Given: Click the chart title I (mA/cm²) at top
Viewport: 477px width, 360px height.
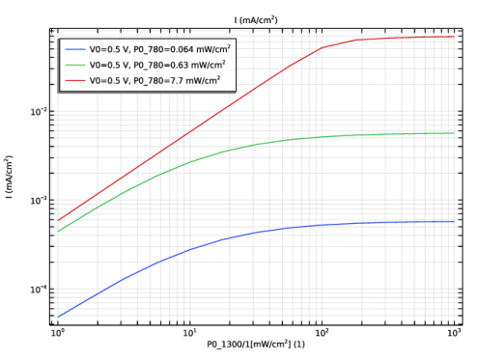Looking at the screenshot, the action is (x=256, y=20).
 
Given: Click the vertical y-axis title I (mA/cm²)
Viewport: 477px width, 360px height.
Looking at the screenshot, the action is (x=9, y=177).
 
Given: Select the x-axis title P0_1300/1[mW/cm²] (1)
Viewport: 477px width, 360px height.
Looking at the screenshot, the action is (x=256, y=345).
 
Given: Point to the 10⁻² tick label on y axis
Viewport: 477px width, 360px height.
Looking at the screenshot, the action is (x=39, y=112).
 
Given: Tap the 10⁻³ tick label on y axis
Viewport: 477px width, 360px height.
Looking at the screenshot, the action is (x=39, y=201).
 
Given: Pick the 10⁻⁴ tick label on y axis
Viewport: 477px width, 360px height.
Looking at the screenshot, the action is (x=39, y=290).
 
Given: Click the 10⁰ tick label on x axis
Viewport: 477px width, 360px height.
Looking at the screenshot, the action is (x=58, y=333).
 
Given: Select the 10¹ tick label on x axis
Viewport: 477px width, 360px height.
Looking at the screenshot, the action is (x=190, y=333).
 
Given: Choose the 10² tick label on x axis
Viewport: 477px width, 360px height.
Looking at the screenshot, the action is (x=322, y=333).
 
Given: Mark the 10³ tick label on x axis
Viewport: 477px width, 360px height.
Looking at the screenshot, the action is (x=454, y=333).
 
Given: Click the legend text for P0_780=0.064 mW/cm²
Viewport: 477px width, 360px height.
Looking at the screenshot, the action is (x=160, y=49).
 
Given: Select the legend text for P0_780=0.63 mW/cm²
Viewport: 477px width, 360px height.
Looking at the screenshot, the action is (x=157, y=65).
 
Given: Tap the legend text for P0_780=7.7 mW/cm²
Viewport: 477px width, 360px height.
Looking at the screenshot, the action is (x=154, y=80).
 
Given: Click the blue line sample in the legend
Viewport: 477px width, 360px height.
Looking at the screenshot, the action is (x=75, y=49).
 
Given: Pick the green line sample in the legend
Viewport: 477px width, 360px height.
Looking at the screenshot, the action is (x=75, y=65).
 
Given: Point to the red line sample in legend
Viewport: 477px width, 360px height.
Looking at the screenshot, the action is (x=75, y=80).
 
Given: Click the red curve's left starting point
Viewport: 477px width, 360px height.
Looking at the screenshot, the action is (x=58, y=220).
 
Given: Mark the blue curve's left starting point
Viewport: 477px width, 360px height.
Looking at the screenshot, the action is (x=58, y=317).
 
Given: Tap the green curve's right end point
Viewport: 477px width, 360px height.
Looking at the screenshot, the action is (x=454, y=133).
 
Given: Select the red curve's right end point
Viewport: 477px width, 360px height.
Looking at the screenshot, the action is (x=454, y=37).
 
